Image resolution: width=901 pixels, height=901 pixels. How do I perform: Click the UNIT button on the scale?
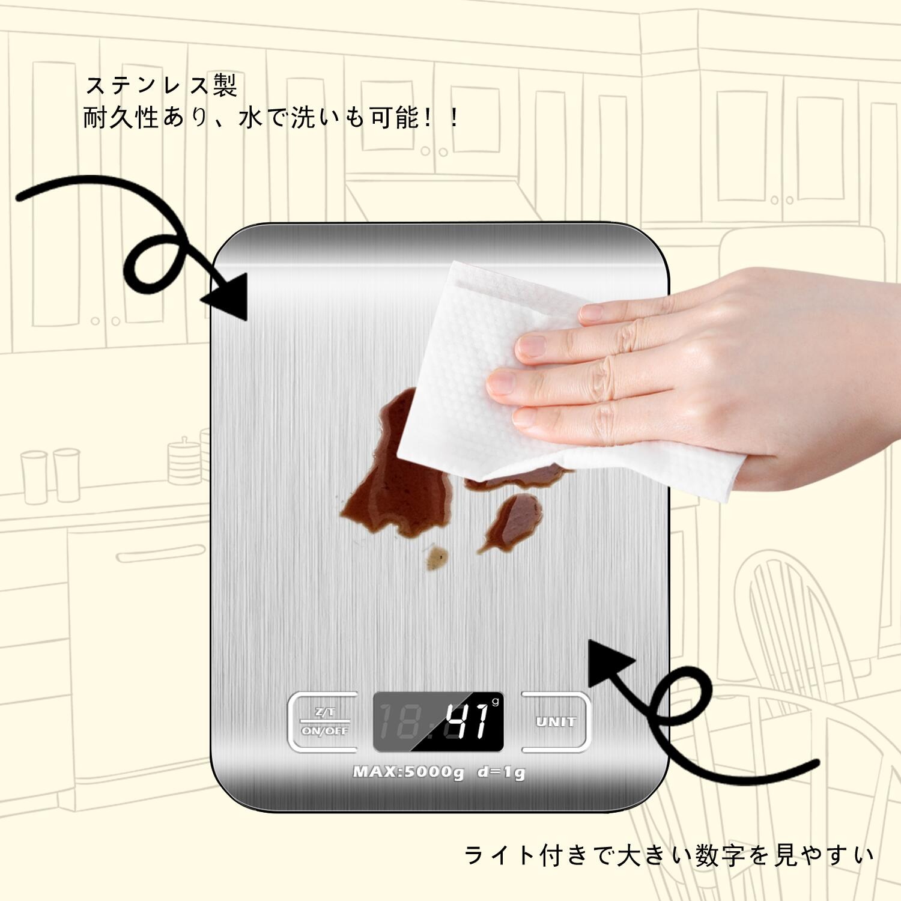(556, 722)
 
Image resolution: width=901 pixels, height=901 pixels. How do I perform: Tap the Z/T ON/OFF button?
(324, 722)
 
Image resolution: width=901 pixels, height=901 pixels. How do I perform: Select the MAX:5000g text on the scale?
(408, 772)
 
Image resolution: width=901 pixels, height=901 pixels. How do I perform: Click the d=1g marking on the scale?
(502, 772)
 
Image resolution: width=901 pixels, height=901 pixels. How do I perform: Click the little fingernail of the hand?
(524, 418)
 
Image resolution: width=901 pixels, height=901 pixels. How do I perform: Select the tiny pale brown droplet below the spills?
(437, 558)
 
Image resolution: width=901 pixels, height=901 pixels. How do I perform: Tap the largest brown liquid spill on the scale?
(390, 487)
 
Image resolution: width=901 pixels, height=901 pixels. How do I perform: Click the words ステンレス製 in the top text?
(161, 85)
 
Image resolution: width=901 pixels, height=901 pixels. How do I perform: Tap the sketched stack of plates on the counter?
(183, 461)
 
